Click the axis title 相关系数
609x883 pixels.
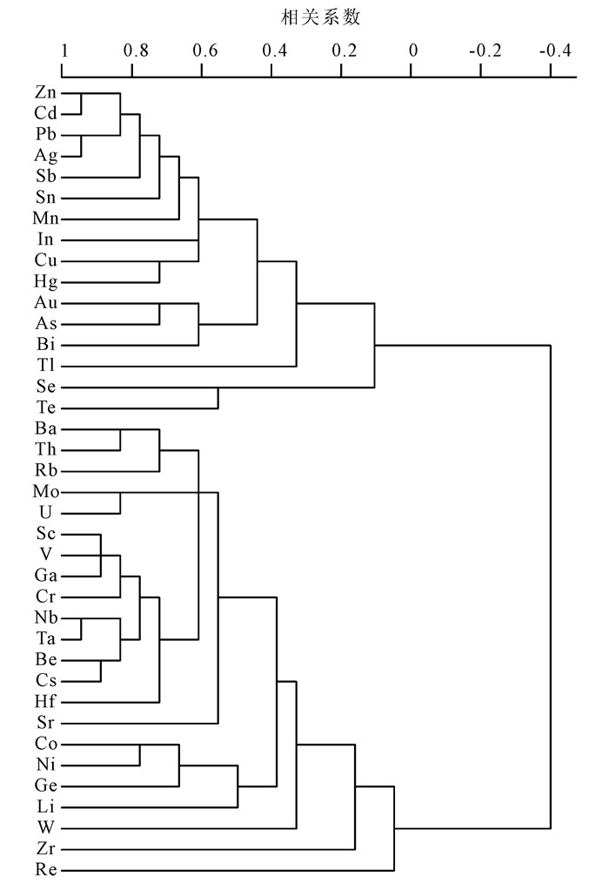(320, 17)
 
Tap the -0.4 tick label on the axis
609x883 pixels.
(555, 50)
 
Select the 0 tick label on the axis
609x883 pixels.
(413, 50)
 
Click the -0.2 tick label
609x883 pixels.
(484, 50)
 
